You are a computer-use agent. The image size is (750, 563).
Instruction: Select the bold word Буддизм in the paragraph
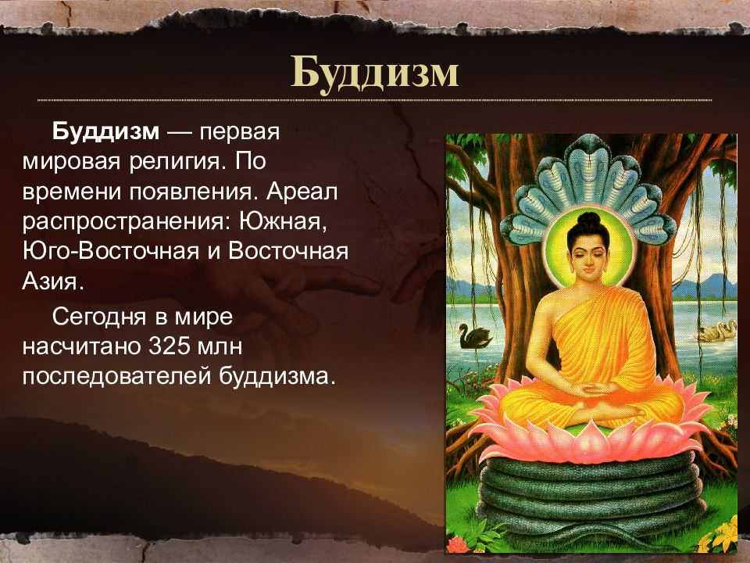(105, 131)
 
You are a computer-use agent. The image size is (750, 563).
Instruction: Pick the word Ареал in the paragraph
(302, 192)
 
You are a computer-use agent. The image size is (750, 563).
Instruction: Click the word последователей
(116, 377)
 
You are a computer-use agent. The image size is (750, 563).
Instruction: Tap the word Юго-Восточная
(111, 251)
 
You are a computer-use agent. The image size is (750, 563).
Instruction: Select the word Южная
(283, 221)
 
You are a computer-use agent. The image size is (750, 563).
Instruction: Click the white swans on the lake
(716, 331)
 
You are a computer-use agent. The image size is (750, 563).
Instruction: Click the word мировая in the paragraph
(71, 162)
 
